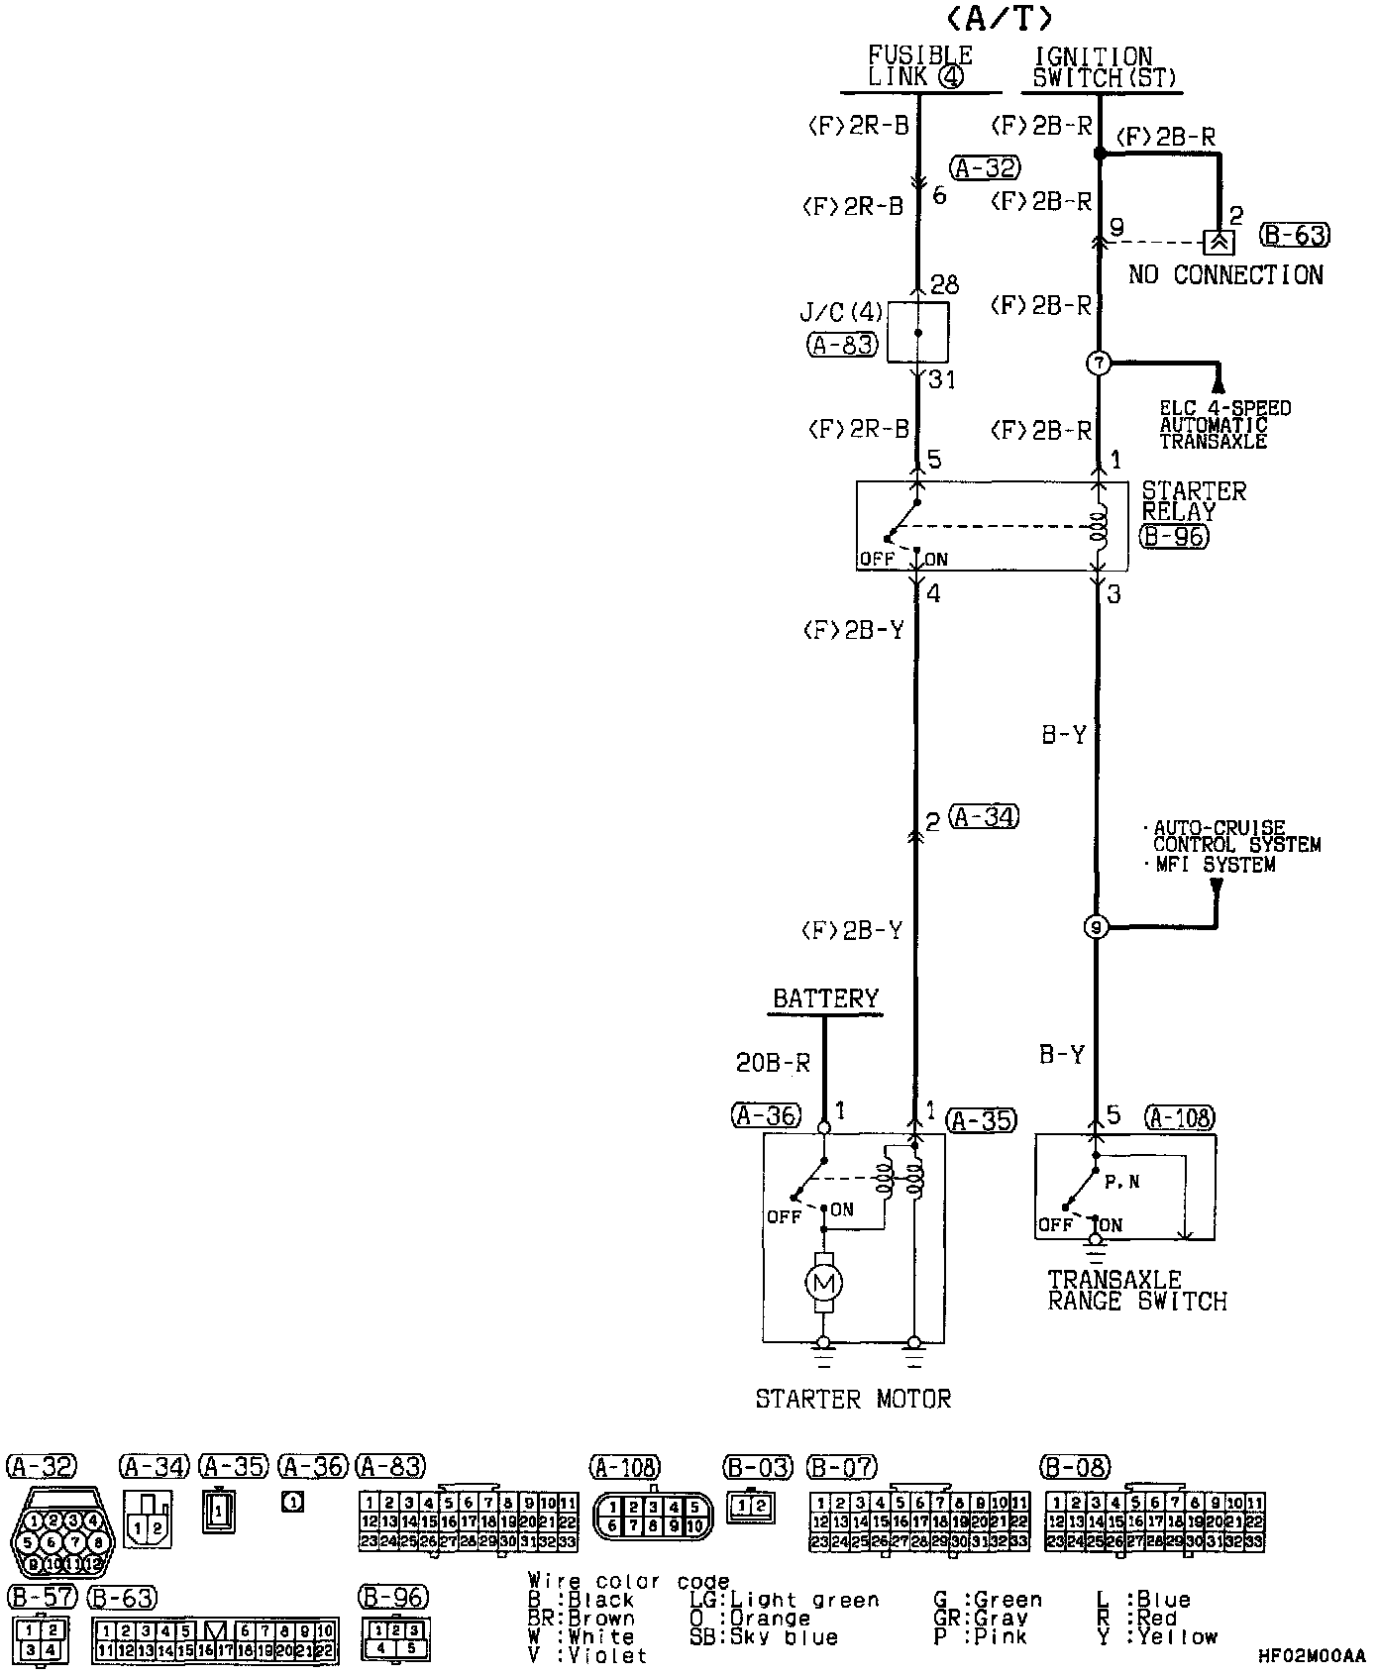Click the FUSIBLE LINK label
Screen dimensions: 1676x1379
tap(920, 66)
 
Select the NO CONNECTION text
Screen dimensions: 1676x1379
tap(1225, 275)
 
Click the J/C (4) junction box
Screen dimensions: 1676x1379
tap(917, 333)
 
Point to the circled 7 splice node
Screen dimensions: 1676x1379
tap(1099, 364)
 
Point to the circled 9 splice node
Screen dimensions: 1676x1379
tap(1096, 927)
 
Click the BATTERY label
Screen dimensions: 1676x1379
tap(825, 998)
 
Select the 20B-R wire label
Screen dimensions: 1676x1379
tap(773, 1063)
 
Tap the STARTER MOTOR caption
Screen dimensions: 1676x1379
tap(853, 1399)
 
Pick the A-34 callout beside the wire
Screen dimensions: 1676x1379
tap(983, 817)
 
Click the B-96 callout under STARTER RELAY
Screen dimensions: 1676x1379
tap(1174, 537)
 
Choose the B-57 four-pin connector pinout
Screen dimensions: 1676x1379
tap(41, 1638)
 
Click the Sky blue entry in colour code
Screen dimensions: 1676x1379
tap(764, 1636)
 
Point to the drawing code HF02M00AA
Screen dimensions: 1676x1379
tap(1310, 1656)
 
